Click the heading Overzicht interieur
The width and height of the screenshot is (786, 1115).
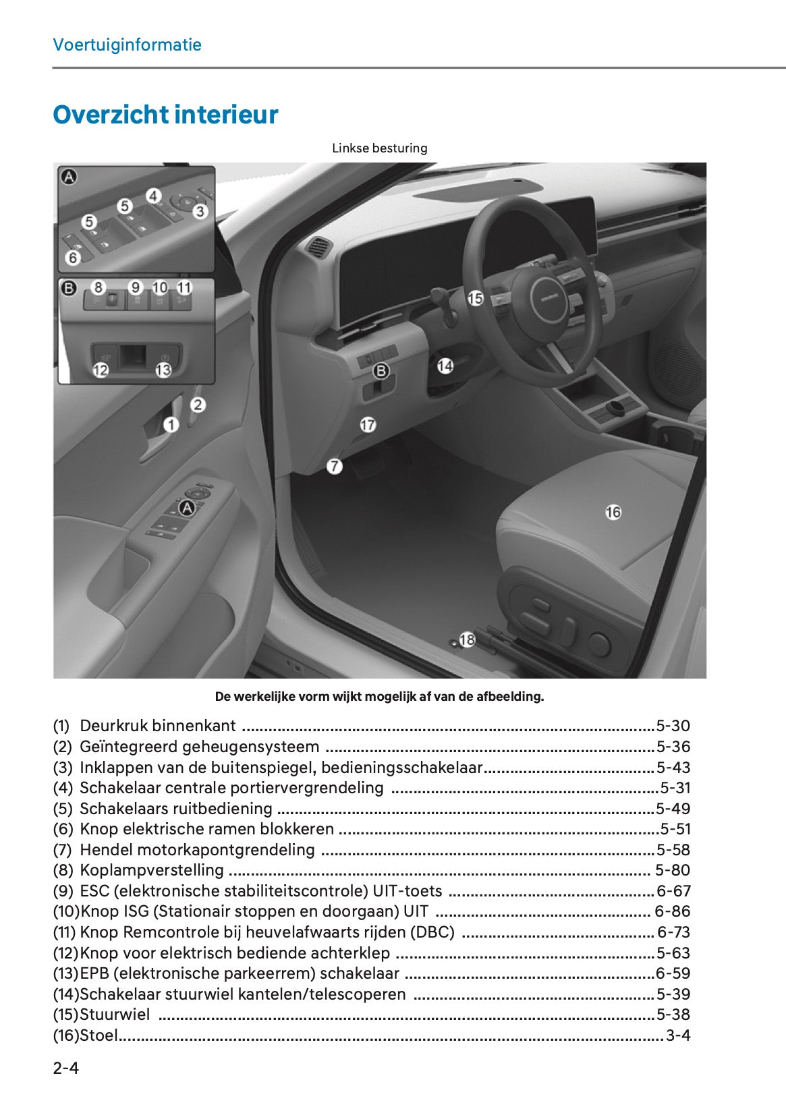click(165, 115)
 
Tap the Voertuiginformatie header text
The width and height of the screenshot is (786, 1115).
click(127, 45)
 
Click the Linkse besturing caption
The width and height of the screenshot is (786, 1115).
click(379, 148)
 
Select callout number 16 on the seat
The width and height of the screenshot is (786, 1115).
click(613, 513)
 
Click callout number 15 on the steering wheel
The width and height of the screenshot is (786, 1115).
click(475, 297)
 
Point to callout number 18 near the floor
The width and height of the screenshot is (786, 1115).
click(467, 639)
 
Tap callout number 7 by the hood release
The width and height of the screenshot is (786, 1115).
click(334, 466)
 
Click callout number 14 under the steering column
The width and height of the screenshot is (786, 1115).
click(445, 366)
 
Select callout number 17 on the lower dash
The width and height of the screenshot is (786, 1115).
click(367, 424)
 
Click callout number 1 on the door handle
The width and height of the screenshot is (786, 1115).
click(171, 424)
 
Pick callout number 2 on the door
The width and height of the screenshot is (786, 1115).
click(198, 405)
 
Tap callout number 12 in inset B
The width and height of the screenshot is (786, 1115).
click(101, 370)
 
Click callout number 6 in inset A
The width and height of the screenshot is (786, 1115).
click(73, 257)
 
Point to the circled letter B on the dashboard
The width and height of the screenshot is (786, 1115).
click(381, 370)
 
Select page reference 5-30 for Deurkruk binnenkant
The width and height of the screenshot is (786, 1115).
click(673, 726)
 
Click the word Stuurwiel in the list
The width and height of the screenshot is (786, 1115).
click(115, 1014)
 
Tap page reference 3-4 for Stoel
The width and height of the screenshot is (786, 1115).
click(677, 1035)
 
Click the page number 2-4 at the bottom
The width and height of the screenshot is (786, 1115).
click(66, 1068)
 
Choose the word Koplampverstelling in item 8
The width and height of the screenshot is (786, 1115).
click(152, 870)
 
